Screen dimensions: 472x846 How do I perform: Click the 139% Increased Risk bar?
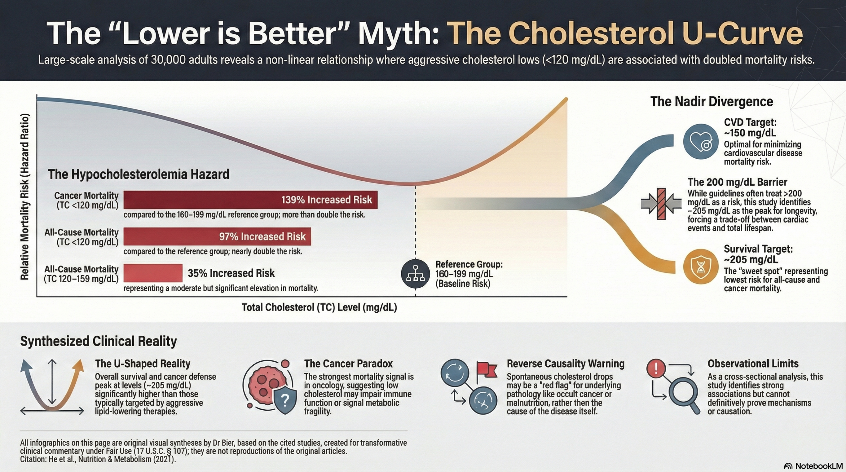(x=250, y=200)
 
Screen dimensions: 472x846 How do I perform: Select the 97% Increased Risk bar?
(x=217, y=236)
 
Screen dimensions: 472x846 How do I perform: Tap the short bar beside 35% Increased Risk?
(x=153, y=273)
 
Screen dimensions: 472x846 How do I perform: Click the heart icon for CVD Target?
(x=700, y=142)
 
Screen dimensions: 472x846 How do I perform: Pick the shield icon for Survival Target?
(x=701, y=267)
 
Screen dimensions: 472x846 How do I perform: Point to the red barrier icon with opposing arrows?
(x=661, y=204)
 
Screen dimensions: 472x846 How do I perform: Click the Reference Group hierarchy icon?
(x=415, y=274)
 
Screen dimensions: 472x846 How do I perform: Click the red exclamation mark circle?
(x=656, y=368)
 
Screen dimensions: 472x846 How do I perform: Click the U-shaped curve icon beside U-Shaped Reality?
(x=52, y=386)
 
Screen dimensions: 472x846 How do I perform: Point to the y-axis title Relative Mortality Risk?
(x=25, y=197)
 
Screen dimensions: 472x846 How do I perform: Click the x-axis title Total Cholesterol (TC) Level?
(x=319, y=308)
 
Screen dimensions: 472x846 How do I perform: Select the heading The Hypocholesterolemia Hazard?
(x=138, y=174)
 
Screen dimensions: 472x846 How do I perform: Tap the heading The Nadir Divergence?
(x=711, y=101)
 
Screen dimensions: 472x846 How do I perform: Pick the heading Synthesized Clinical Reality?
(x=98, y=341)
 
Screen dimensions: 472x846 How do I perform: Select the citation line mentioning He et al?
(x=98, y=459)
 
